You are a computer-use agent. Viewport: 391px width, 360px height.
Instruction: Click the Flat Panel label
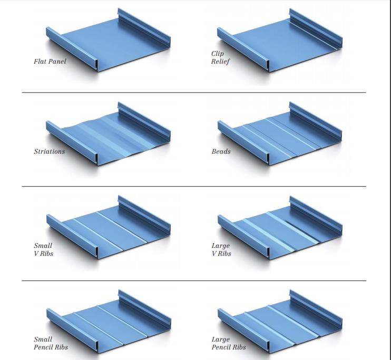[x=50, y=61]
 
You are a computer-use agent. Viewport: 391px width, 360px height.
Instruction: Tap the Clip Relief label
[x=220, y=57]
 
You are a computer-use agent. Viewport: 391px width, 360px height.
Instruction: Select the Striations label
[x=50, y=152]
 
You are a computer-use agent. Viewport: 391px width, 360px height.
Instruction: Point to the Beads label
[x=221, y=152]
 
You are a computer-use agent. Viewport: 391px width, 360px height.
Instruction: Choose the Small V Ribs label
[x=43, y=249]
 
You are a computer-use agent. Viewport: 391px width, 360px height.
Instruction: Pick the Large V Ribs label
[x=221, y=249]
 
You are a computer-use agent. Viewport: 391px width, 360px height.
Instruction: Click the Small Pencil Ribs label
[x=51, y=343]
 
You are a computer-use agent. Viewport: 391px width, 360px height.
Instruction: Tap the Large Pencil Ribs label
[x=229, y=343]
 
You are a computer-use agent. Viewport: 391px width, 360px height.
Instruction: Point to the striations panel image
[x=108, y=134]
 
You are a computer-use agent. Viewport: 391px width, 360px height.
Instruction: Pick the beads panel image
[x=280, y=134]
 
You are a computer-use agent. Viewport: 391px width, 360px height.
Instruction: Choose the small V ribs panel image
[x=109, y=227]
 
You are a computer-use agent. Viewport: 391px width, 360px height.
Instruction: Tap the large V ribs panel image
[x=280, y=228]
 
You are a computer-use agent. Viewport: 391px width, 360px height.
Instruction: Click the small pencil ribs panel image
[x=109, y=322]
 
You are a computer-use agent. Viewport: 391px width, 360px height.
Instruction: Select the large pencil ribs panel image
[x=280, y=322]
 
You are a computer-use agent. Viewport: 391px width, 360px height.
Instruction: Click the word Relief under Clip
[x=220, y=62]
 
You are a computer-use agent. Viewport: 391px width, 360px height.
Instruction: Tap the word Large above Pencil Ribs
[x=221, y=339]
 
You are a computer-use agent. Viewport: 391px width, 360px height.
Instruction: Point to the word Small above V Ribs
[x=43, y=246]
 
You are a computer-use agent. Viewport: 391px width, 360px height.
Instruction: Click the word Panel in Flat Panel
[x=57, y=61]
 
